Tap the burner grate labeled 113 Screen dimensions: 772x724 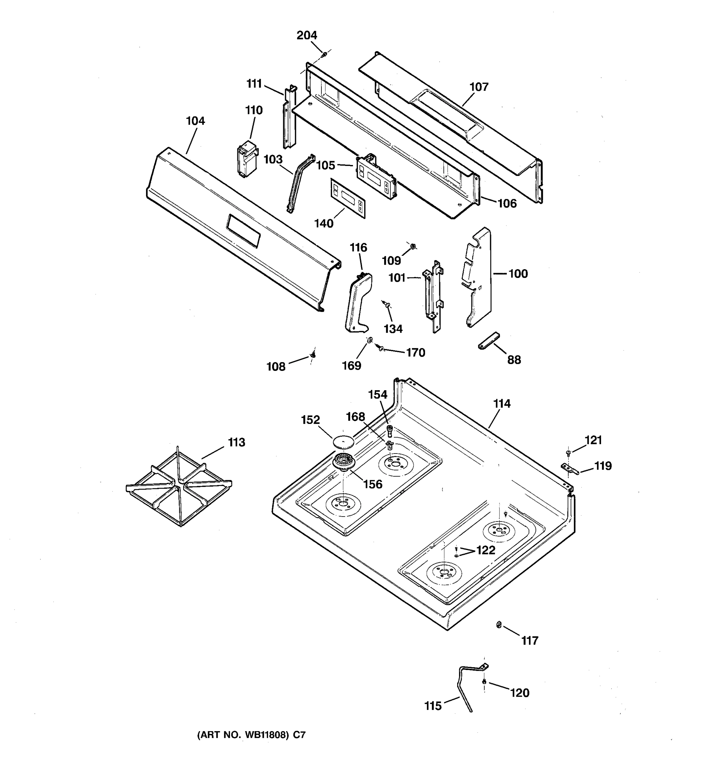(179, 487)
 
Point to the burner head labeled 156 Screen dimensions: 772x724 (343, 462)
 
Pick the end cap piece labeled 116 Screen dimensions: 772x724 (358, 303)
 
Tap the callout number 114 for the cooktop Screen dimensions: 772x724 (502, 404)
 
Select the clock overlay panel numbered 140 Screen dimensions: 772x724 (348, 198)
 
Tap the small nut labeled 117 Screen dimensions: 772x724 (499, 625)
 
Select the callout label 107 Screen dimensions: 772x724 (478, 87)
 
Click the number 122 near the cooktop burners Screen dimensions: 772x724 (486, 550)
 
